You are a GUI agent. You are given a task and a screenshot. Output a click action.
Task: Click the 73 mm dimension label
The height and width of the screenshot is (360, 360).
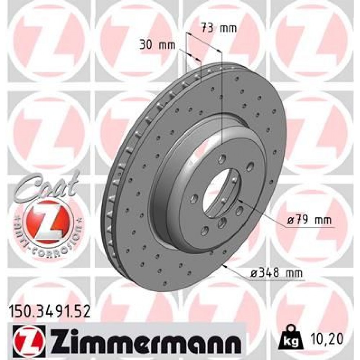tap(219, 28)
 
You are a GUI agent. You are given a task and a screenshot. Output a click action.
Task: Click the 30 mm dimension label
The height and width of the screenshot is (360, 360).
tap(157, 45)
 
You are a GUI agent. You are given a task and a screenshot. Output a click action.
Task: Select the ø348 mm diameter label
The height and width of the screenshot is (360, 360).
tap(276, 274)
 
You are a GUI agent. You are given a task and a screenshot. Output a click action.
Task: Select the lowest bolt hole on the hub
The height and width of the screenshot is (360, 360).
tap(204, 231)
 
